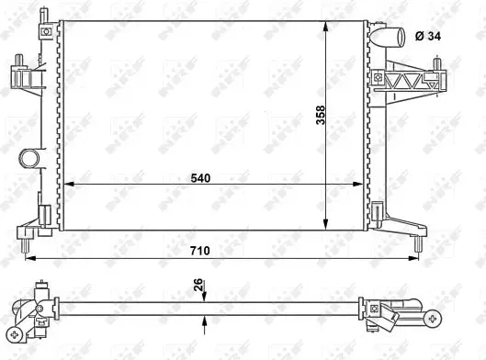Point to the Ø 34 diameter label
(x=429, y=37)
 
